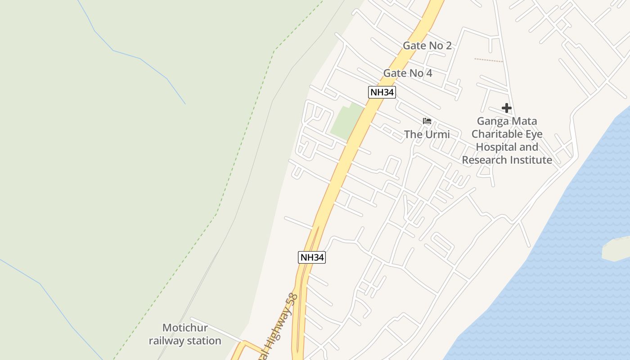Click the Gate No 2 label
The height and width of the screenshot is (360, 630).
(x=427, y=45)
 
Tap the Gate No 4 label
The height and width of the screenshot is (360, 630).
(x=407, y=73)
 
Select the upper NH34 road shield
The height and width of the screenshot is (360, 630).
(x=382, y=92)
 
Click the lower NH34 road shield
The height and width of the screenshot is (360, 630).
(x=311, y=257)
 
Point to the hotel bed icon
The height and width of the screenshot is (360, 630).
(x=427, y=121)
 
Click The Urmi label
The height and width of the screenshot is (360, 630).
(x=427, y=134)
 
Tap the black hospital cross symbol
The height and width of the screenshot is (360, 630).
(x=507, y=108)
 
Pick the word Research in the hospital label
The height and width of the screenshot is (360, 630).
(x=482, y=160)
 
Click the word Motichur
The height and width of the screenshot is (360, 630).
(x=185, y=328)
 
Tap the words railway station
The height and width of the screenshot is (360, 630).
(x=185, y=341)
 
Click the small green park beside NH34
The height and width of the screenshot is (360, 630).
(x=347, y=121)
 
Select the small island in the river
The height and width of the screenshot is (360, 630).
(x=616, y=249)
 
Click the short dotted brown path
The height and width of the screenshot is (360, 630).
(x=489, y=60)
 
